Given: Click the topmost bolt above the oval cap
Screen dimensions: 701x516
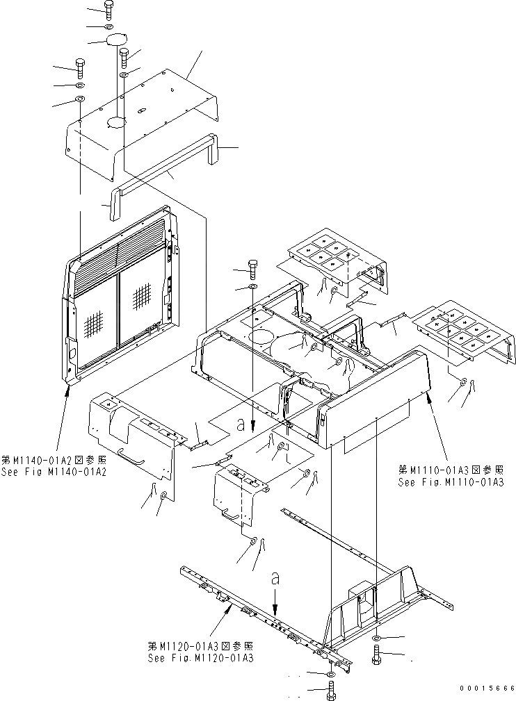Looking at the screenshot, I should pyautogui.click(x=108, y=8).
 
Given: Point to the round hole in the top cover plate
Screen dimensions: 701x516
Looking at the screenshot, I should pyautogui.click(x=115, y=123).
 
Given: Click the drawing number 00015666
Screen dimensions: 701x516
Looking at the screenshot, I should pyautogui.click(x=486, y=688).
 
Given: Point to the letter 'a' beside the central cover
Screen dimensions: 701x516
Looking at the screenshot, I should pyautogui.click(x=241, y=422).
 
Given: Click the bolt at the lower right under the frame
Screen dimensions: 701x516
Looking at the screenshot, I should pyautogui.click(x=376, y=653).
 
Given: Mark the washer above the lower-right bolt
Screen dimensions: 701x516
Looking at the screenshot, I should pyautogui.click(x=376, y=638).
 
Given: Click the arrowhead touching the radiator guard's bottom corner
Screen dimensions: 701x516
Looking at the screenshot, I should pyautogui.click(x=67, y=386).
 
